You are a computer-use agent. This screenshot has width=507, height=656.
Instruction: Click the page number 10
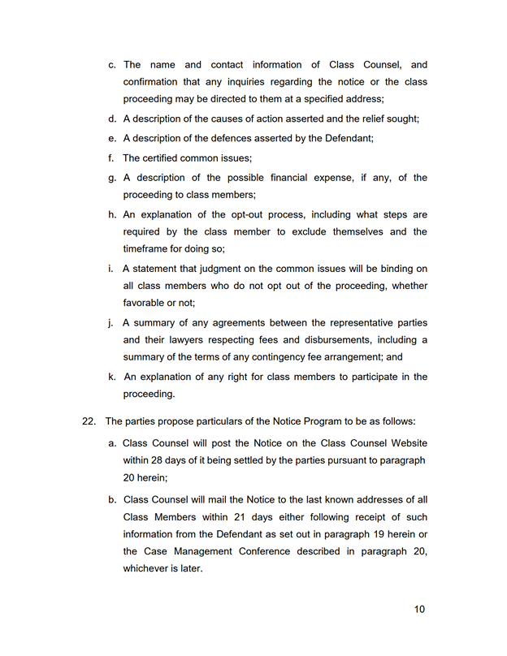click(x=419, y=610)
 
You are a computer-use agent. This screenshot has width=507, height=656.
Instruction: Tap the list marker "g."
click(x=113, y=178)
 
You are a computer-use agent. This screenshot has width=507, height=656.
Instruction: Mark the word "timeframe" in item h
click(x=148, y=249)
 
